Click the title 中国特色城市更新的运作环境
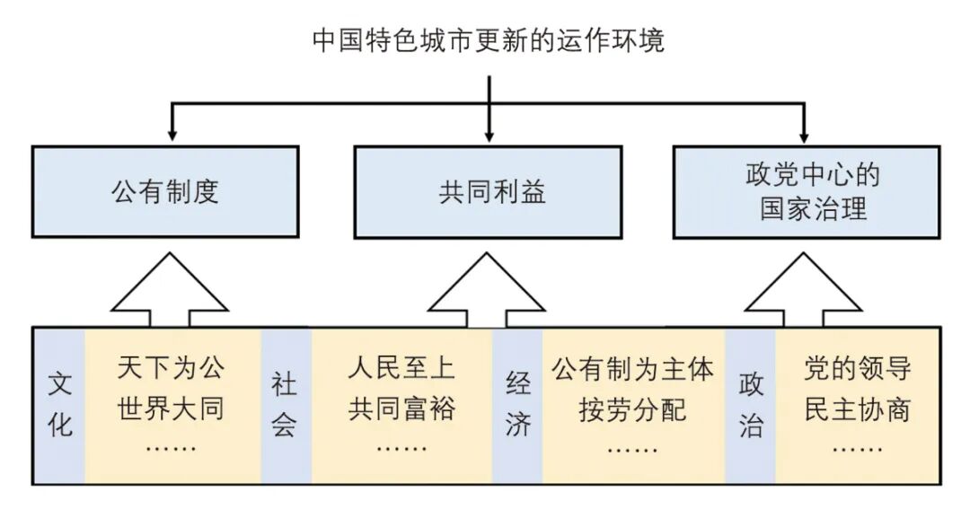(x=488, y=40)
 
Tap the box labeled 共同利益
(x=488, y=192)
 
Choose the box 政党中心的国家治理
(x=806, y=192)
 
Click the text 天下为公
(x=171, y=368)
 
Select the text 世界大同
(x=171, y=409)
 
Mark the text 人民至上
(x=401, y=368)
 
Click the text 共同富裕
(x=401, y=409)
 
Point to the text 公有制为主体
(x=632, y=368)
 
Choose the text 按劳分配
(x=632, y=409)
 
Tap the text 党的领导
(x=857, y=368)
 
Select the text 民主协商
(x=857, y=409)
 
